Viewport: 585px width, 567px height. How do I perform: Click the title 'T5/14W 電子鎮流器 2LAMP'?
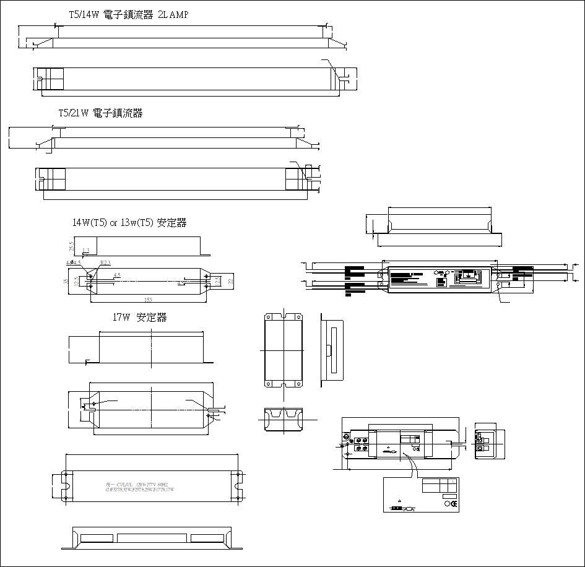tap(128, 15)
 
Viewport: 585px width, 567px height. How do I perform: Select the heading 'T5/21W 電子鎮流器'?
tap(100, 113)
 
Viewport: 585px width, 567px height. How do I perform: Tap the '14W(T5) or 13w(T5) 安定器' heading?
tap(129, 223)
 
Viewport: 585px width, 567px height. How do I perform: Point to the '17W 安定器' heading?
tap(139, 318)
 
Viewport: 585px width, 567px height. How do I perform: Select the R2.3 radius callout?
tap(105, 263)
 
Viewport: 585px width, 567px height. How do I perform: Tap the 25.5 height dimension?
tap(72, 246)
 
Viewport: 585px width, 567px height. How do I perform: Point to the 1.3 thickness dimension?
tap(86, 251)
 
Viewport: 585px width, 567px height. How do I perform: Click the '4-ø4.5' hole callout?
tap(73, 263)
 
